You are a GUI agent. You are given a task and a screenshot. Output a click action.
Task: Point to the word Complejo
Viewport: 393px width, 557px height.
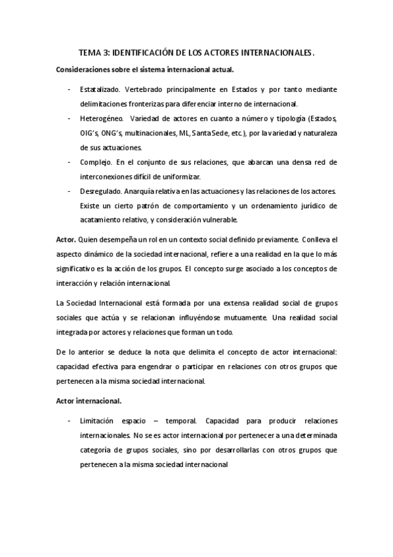coord(95,161)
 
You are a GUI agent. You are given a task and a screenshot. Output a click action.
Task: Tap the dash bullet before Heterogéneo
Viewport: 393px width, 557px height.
coord(70,118)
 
